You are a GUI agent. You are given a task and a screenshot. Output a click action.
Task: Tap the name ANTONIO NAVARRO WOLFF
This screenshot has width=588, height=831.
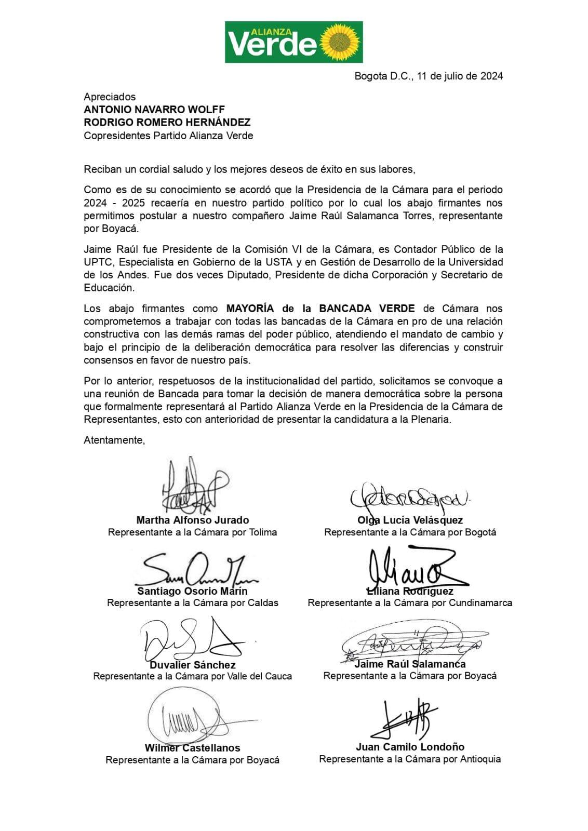[154, 110]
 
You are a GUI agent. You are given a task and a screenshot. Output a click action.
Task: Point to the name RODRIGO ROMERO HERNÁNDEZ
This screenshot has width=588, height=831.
[167, 123]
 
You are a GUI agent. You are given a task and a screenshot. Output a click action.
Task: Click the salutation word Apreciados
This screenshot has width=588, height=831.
[110, 97]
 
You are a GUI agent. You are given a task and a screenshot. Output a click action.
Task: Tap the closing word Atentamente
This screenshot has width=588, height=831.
[114, 440]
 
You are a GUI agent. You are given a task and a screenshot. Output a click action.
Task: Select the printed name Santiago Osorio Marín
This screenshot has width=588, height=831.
[192, 591]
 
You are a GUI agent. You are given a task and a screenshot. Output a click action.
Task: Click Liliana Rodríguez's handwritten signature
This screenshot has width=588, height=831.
[410, 567]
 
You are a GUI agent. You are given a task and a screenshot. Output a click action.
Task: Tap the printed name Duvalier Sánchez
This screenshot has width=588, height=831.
[193, 665]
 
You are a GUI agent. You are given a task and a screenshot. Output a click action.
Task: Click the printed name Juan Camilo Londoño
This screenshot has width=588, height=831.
[410, 747]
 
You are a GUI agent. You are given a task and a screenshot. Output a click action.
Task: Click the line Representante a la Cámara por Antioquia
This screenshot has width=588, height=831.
[410, 759]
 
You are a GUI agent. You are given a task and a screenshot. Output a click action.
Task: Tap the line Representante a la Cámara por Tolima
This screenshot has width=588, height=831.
[192, 532]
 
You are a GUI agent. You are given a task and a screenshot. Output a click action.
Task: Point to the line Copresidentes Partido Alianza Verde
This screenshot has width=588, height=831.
[168, 136]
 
